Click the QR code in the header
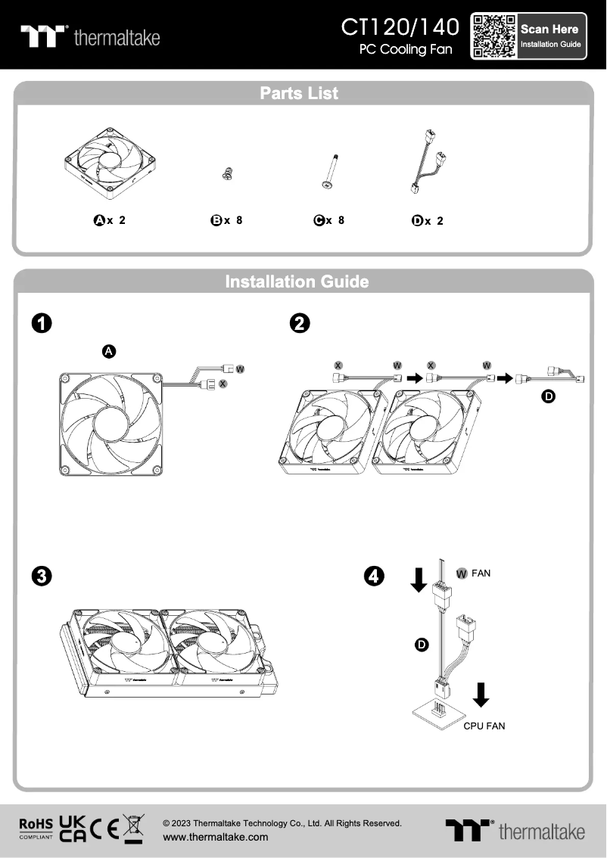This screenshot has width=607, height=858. point(494,36)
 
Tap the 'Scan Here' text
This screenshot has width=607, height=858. point(549,29)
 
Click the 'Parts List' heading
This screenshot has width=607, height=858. point(299,93)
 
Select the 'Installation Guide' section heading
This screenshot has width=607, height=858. point(297,281)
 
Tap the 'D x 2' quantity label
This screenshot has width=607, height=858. point(428,221)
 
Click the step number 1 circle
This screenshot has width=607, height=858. point(42,323)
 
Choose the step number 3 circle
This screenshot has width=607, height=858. point(42,576)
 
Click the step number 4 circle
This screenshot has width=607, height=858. point(374,576)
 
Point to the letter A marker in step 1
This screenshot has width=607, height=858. point(109,351)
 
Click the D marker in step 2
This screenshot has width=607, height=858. point(549,396)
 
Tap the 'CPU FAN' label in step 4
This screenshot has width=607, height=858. point(484,726)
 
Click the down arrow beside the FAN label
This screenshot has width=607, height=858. point(417,580)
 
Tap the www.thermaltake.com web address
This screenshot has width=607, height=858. point(216,837)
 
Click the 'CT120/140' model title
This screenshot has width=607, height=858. point(400,27)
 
